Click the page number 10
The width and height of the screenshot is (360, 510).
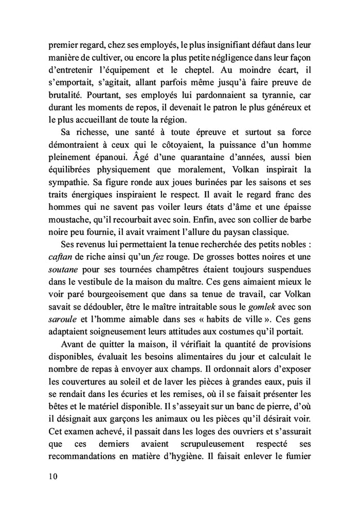[50, 476]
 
